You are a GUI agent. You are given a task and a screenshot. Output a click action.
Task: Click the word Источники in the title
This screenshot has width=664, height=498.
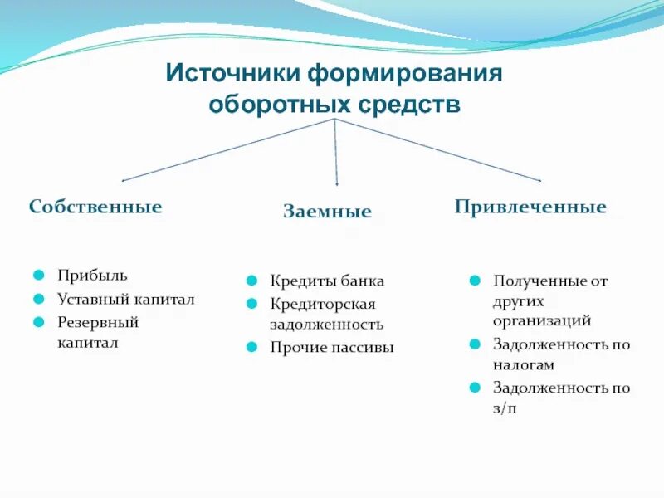(233, 73)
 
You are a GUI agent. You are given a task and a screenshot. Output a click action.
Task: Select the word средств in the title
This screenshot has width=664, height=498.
(410, 105)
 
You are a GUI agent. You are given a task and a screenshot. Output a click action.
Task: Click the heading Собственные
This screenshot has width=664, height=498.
(95, 206)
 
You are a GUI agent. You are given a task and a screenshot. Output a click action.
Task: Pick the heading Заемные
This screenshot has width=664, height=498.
(327, 212)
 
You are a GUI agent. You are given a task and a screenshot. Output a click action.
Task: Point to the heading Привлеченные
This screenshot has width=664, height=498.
(530, 206)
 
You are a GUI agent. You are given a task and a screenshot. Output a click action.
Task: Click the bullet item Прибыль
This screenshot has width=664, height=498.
(92, 275)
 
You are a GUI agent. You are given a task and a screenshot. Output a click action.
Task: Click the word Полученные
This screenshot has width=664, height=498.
(538, 281)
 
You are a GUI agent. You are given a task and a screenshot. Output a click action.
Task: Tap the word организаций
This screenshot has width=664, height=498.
(542, 320)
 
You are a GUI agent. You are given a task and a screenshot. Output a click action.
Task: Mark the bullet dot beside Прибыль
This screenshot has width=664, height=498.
(39, 275)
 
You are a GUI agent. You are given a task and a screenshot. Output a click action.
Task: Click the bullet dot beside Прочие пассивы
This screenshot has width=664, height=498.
(252, 347)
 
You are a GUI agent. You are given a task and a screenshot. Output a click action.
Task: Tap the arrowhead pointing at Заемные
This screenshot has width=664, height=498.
(337, 182)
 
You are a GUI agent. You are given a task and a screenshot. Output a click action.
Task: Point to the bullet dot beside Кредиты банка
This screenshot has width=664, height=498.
(252, 281)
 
